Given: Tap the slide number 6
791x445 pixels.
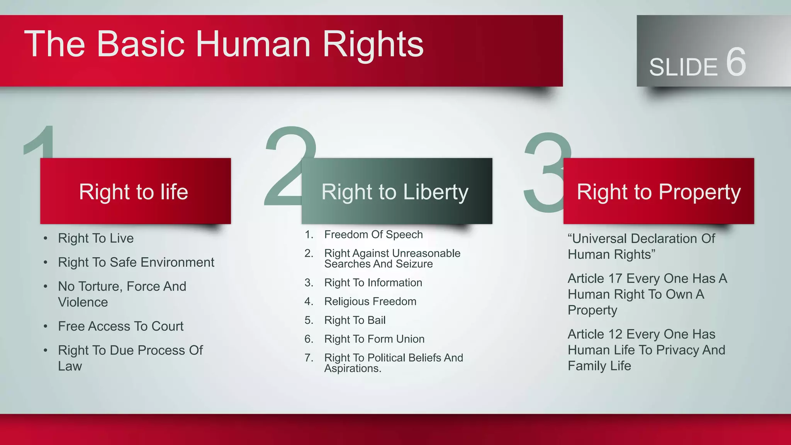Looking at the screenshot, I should coord(736,63).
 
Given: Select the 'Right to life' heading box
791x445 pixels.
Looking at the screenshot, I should coord(135,191).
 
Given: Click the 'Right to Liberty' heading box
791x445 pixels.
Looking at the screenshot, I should coord(396,191).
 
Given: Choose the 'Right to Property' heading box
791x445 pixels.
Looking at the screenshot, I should coord(658,191).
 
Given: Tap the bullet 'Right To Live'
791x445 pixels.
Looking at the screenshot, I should coord(96,238).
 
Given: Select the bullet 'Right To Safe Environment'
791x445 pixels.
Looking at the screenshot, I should coord(136,262).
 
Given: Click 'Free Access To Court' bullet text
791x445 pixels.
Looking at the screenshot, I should coord(121,326).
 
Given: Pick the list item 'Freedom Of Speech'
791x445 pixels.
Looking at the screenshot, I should coord(373,234).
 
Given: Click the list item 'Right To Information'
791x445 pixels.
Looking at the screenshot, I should coord(373,283).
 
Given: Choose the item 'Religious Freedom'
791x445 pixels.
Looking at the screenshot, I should coord(370,301).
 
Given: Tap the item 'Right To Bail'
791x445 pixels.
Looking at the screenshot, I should coord(355,320).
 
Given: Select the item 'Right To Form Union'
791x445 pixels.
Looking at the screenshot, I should coord(374,339).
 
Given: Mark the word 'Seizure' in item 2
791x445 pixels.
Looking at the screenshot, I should coord(414,264).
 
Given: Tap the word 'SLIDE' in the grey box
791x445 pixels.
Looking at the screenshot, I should coord(683,67).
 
